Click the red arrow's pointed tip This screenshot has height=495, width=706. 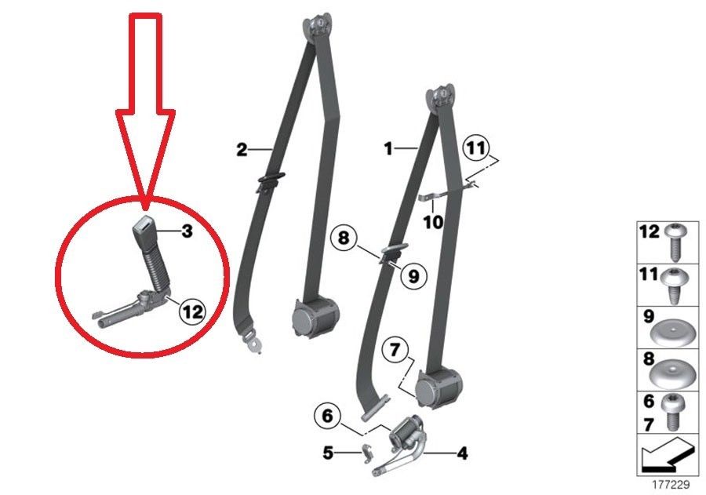[145, 209]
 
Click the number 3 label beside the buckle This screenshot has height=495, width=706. [187, 231]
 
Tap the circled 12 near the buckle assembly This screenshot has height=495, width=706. [192, 311]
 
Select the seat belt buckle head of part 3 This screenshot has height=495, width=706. [144, 231]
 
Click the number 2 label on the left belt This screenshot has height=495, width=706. [242, 150]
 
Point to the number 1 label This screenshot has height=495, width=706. [388, 148]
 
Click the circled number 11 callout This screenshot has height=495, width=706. [476, 147]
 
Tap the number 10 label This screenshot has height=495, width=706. [433, 221]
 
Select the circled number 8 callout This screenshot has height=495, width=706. [344, 238]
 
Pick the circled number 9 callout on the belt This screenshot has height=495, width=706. [413, 275]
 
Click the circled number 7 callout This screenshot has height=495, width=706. [395, 350]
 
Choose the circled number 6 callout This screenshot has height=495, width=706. [327, 415]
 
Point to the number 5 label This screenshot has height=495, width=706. [328, 452]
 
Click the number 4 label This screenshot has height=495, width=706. [462, 453]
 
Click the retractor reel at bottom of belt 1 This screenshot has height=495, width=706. [437, 387]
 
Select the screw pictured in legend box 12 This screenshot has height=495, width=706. [674, 242]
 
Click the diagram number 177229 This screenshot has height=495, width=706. [671, 485]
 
